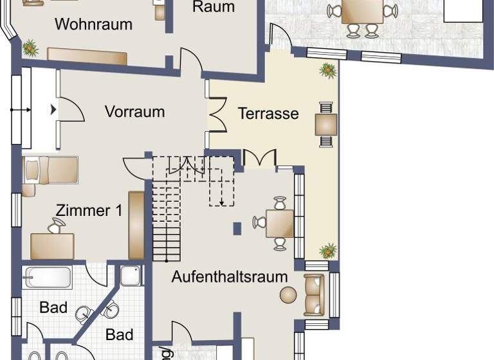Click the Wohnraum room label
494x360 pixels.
pyautogui.click(x=93, y=24)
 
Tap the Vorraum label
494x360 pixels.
pyautogui.click(x=134, y=112)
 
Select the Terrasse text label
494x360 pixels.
pyautogui.click(x=268, y=114)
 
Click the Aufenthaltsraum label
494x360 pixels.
pyautogui.click(x=229, y=277)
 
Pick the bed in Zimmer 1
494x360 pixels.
pyautogui.click(x=51, y=170)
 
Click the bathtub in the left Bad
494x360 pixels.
pyautogui.click(x=48, y=278)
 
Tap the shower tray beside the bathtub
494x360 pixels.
pyautogui.click(x=131, y=276)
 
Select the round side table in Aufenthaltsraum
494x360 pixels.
pyautogui.click(x=288, y=295)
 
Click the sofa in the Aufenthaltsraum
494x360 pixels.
pyautogui.click(x=314, y=295)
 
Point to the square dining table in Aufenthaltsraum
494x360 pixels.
pyautogui.click(x=280, y=224)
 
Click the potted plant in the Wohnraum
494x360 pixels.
pyautogui.click(x=30, y=47)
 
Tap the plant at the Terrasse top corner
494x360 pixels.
pyautogui.click(x=328, y=69)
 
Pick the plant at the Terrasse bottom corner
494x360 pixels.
pyautogui.click(x=329, y=251)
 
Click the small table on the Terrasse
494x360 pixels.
pyautogui.click(x=326, y=123)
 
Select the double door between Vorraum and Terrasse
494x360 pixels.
pyautogui.click(x=216, y=114)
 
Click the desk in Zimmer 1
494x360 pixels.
pyautogui.click(x=52, y=246)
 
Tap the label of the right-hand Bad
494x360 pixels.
pyautogui.click(x=120, y=335)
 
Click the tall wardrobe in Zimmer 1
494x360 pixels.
pyautogui.click(x=136, y=224)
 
